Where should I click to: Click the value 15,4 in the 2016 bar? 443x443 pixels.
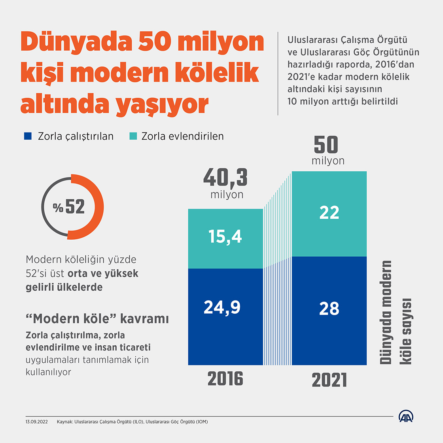pyautogui.click(x=225, y=237)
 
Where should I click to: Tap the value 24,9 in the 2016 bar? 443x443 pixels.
pyautogui.click(x=222, y=307)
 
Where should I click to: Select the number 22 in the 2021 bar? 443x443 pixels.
pyautogui.click(x=329, y=213)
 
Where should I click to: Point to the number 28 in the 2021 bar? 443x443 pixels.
pyautogui.click(x=329, y=309)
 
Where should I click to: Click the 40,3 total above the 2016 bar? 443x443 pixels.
pyautogui.click(x=225, y=178)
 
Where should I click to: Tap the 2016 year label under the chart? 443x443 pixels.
pyautogui.click(x=225, y=379)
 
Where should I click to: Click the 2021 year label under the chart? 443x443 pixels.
pyautogui.click(x=329, y=380)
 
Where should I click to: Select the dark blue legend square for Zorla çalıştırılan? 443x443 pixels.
pyautogui.click(x=28, y=136)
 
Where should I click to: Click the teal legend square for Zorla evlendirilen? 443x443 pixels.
pyautogui.click(x=133, y=136)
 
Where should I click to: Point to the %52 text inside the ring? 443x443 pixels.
pyautogui.click(x=69, y=206)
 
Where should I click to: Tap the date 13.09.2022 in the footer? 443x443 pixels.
pyautogui.click(x=37, y=422)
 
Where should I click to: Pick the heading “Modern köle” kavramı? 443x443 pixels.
pyautogui.click(x=97, y=319)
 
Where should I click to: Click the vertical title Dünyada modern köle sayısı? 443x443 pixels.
pyautogui.click(x=396, y=312)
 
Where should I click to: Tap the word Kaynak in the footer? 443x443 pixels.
pyautogui.click(x=65, y=422)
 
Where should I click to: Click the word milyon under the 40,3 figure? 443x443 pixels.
pyautogui.click(x=227, y=195)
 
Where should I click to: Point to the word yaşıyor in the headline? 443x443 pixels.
pyautogui.click(x=162, y=105)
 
